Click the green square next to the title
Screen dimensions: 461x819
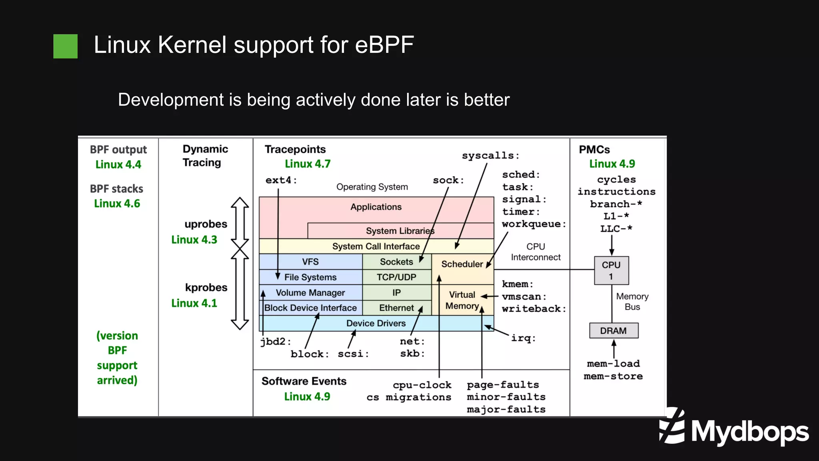tap(65, 46)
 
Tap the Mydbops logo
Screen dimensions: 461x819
tap(734, 428)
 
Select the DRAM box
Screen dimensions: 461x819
tap(613, 331)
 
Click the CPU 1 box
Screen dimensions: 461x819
tap(611, 271)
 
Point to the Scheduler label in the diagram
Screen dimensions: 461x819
tap(461, 264)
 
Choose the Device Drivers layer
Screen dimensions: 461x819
tap(376, 323)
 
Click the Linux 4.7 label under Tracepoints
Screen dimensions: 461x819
tap(308, 164)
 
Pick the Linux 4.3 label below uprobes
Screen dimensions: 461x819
tap(194, 240)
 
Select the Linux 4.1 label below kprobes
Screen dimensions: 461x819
tap(194, 303)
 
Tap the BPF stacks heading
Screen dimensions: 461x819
tap(116, 189)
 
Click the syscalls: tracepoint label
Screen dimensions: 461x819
tap(490, 156)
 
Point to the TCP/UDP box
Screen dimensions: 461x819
tap(396, 277)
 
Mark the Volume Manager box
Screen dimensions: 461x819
tap(310, 293)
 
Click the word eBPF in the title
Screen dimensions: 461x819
tap(384, 44)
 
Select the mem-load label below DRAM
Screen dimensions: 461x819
tap(613, 364)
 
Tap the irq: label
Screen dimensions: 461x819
tap(523, 338)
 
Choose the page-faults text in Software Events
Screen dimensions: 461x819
tap(503, 385)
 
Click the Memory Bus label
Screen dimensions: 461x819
tap(632, 302)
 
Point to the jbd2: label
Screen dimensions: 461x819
tap(276, 342)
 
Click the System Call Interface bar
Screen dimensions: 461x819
tap(376, 247)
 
